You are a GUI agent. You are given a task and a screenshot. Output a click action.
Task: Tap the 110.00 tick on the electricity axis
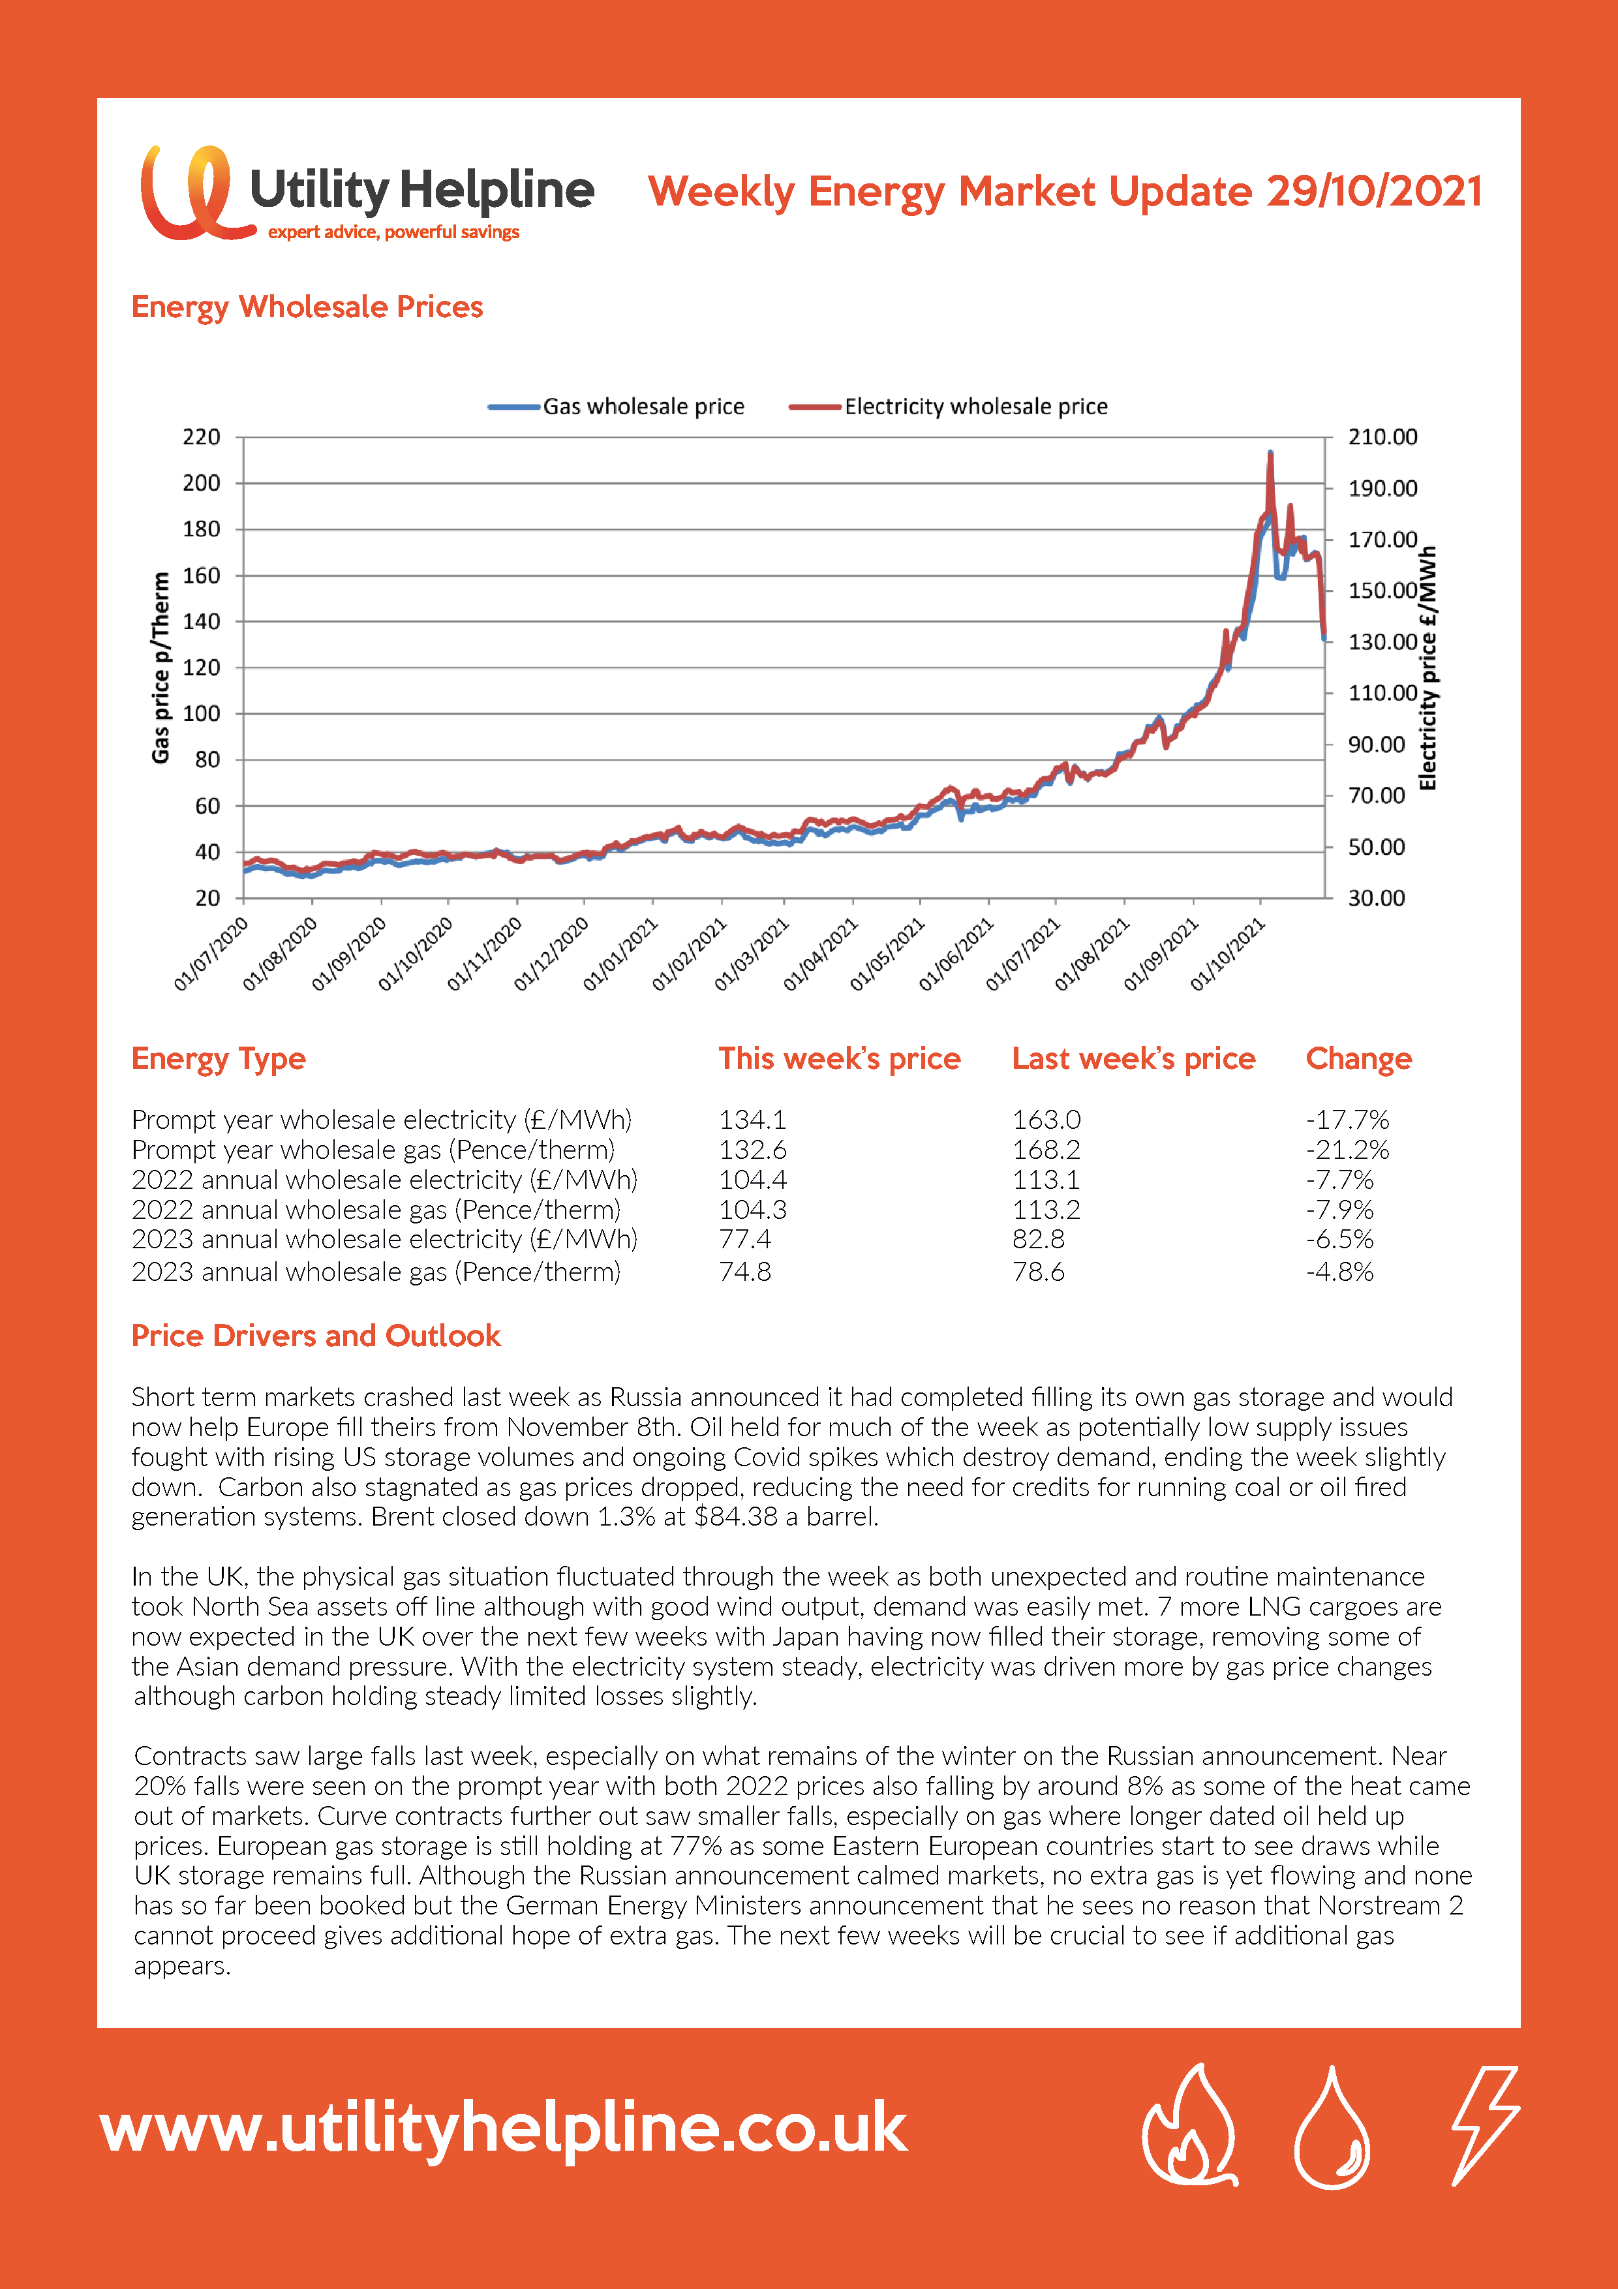point(1382,693)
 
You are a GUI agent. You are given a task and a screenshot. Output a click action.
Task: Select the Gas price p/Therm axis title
point(160,668)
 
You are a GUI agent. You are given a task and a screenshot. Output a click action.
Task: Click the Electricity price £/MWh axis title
point(1427,668)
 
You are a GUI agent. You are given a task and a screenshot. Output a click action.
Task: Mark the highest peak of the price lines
point(1270,453)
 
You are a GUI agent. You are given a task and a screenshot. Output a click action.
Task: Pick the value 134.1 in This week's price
point(753,1120)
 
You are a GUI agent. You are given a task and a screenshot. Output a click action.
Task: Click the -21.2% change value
point(1347,1150)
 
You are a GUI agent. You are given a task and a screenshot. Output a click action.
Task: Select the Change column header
point(1359,1059)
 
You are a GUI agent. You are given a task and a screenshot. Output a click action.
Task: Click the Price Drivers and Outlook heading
point(316,1336)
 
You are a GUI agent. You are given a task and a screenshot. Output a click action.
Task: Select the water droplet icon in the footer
point(1332,2127)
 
